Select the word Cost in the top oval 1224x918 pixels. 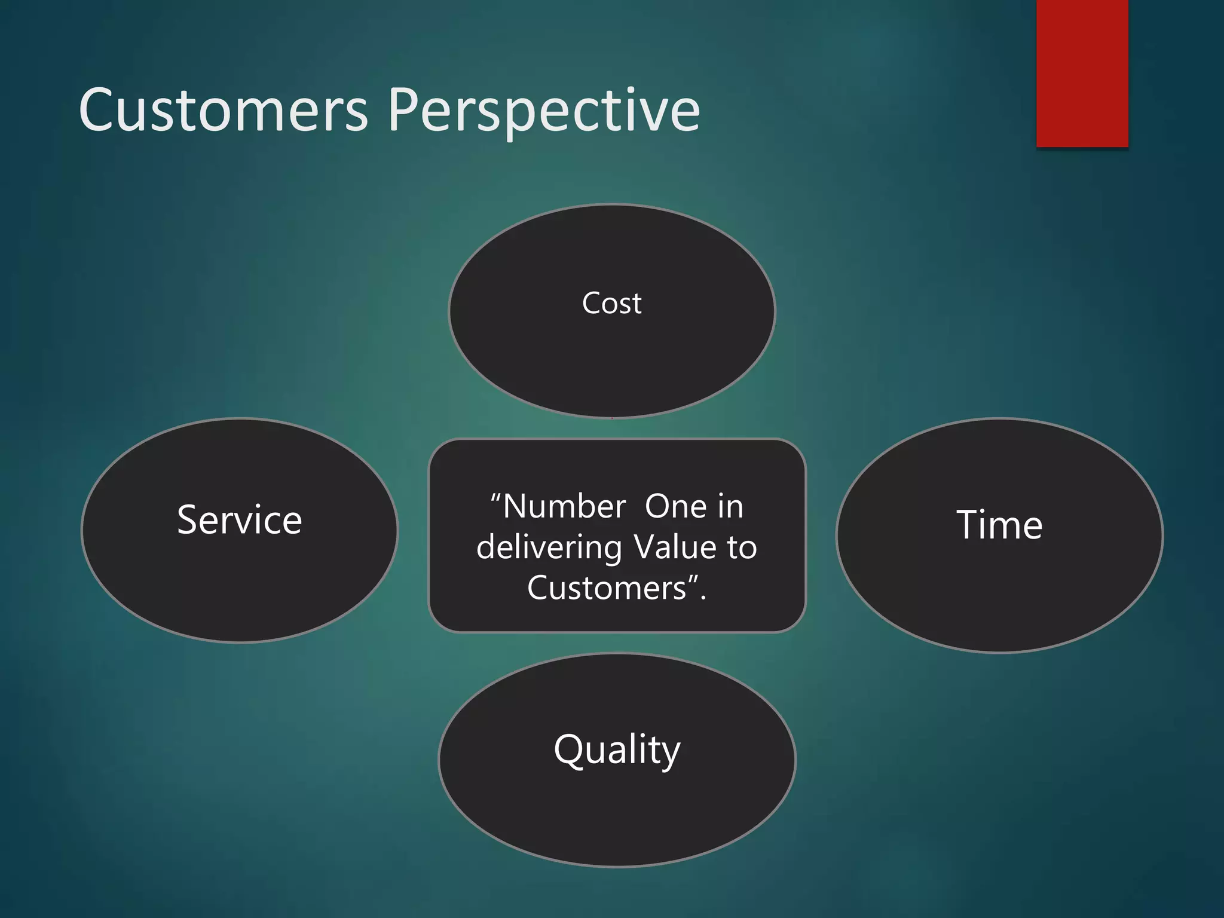pyautogui.click(x=611, y=304)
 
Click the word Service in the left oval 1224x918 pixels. pyautogui.click(x=240, y=520)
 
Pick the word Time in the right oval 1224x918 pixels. pyautogui.click(x=999, y=525)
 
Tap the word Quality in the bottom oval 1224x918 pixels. pyautogui.click(x=617, y=749)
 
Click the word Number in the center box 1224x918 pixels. pyautogui.click(x=564, y=507)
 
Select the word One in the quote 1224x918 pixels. pyautogui.click(x=676, y=507)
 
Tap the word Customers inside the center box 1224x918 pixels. pyautogui.click(x=606, y=588)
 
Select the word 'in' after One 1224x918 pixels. pyautogui.click(x=730, y=507)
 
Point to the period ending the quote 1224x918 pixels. pyautogui.click(x=703, y=598)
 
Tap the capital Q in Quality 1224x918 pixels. pyautogui.click(x=570, y=749)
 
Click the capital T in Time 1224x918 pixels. pyautogui.click(x=970, y=525)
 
